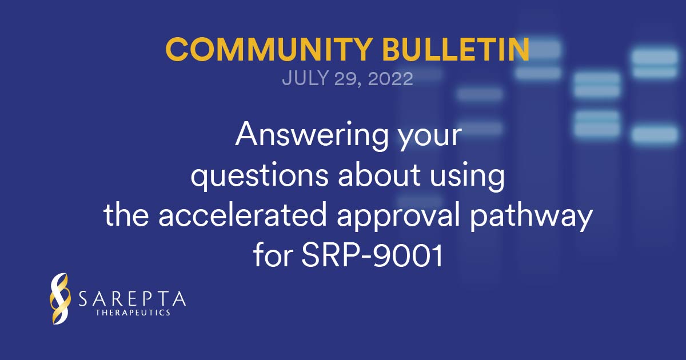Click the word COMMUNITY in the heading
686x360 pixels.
pyautogui.click(x=269, y=49)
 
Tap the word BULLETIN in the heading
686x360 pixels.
pyautogui.click(x=456, y=49)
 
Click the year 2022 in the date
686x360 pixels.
pyautogui.click(x=390, y=79)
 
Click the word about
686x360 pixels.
pyautogui.click(x=379, y=174)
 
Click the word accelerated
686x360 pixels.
pyautogui.click(x=242, y=214)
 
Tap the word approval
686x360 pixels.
pyautogui.click(x=398, y=217)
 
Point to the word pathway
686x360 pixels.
pyautogui.click(x=531, y=217)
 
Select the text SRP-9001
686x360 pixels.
pyautogui.click(x=372, y=255)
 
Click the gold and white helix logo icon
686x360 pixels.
pyautogui.click(x=59, y=298)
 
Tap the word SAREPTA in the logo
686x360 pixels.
pyautogui.click(x=132, y=299)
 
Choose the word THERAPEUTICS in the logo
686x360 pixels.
pyautogui.click(x=133, y=313)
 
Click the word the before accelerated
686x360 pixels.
pyautogui.click(x=126, y=214)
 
